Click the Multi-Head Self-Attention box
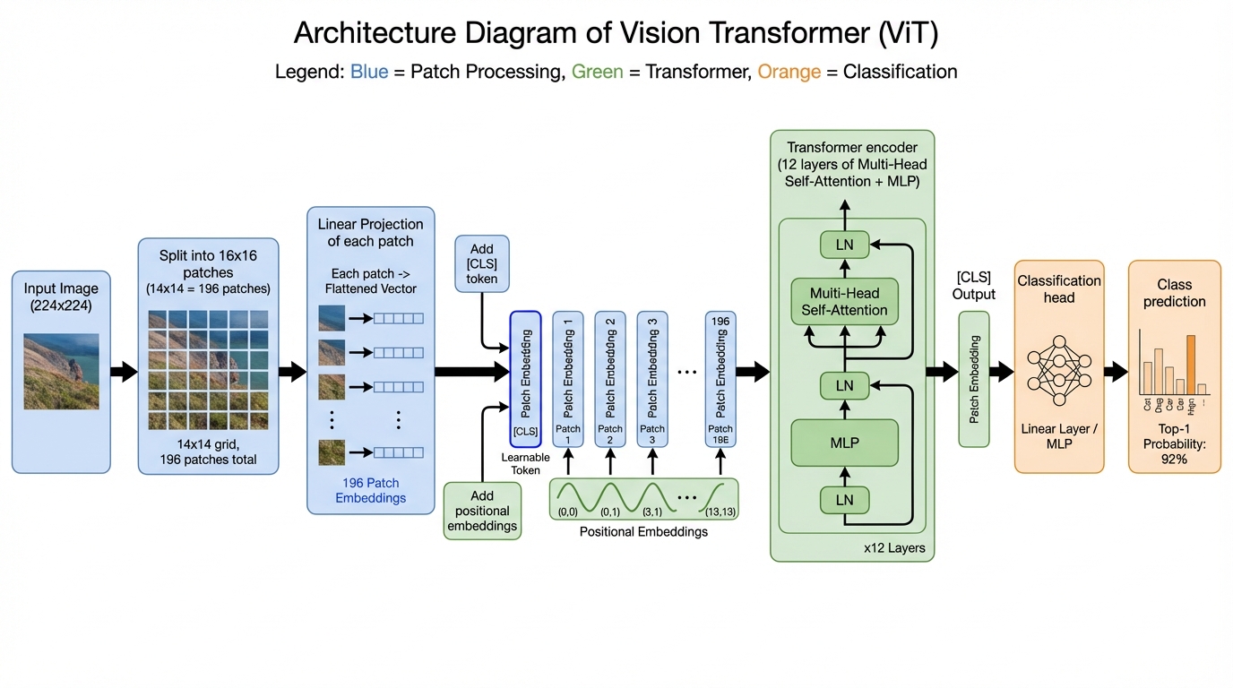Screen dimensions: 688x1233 [x=844, y=302]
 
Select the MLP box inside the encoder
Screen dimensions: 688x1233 [x=844, y=443]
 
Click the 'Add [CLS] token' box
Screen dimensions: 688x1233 [x=482, y=264]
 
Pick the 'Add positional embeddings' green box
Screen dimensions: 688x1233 [x=481, y=511]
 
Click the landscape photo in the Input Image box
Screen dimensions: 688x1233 [x=61, y=372]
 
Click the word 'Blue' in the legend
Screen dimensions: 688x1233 [x=369, y=72]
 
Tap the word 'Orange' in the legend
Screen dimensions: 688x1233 [x=789, y=72]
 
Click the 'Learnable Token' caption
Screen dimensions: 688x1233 [x=526, y=464]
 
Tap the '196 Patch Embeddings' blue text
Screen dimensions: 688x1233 [x=370, y=491]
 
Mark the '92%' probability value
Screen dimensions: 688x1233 [x=1174, y=459]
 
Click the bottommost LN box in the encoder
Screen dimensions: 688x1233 [x=844, y=500]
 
